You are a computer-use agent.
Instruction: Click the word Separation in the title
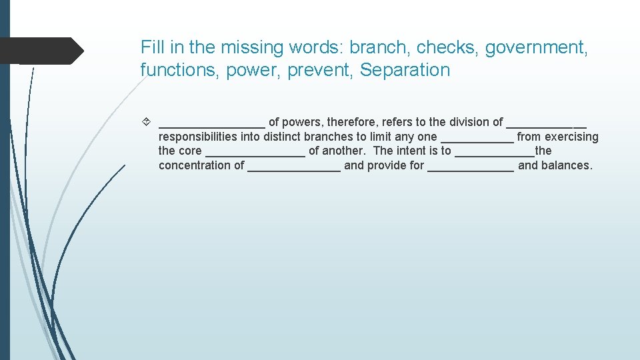click(x=405, y=70)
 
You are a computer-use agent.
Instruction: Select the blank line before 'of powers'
click(x=212, y=125)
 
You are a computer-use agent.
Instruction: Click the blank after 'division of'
click(x=547, y=125)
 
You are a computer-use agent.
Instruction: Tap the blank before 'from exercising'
click(x=477, y=139)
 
